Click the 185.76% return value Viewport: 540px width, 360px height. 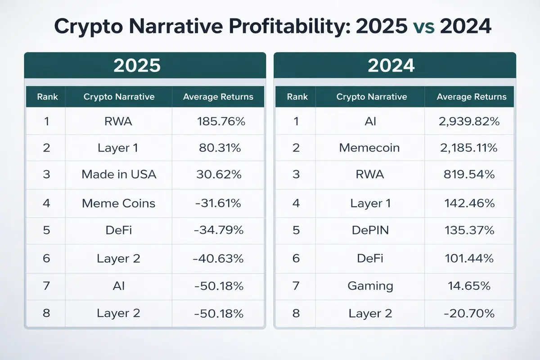(221, 121)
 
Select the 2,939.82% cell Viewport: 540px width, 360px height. (471, 121)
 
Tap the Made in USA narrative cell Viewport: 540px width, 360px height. (119, 175)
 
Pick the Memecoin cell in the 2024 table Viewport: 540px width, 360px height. (369, 148)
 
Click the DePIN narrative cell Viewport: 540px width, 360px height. (369, 230)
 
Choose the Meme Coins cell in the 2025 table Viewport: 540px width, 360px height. (119, 203)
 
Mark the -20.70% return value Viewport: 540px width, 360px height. (471, 313)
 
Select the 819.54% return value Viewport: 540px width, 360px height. (471, 175)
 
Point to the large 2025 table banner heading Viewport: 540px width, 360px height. (137, 66)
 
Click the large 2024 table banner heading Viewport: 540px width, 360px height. (391, 66)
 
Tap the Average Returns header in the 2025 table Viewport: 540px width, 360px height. (219, 97)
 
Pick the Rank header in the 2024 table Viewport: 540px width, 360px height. (297, 97)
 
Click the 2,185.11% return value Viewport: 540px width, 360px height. (471, 148)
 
